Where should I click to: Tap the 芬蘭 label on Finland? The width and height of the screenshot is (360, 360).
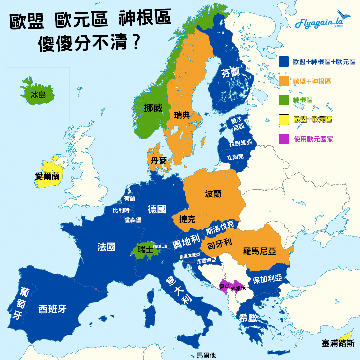230,72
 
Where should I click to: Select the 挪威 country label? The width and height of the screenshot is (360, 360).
153,108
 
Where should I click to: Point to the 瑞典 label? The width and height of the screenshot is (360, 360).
182,115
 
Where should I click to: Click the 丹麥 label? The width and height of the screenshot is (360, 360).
158,161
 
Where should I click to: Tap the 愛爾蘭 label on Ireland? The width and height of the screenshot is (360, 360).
47,176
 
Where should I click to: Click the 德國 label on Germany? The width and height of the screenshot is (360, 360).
157,209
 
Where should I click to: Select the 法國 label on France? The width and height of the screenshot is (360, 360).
107,247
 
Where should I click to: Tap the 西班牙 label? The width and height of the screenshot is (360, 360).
53,309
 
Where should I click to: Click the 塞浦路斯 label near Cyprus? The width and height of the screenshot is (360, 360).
338,343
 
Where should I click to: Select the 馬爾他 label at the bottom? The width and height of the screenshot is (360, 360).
206,356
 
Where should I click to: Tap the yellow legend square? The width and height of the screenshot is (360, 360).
284,119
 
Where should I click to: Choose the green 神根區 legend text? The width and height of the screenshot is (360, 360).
303,100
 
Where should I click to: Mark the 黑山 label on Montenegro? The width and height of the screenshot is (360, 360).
224,286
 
